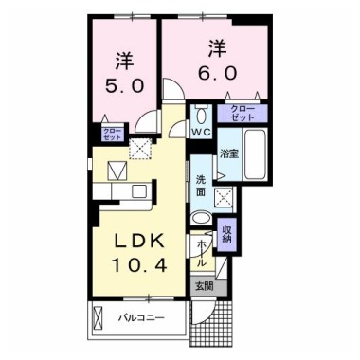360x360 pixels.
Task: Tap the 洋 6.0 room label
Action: click(217, 59)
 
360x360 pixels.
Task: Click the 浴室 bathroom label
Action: click(229, 153)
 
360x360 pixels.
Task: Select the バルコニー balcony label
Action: click(139, 316)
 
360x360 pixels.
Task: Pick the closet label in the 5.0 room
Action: click(112, 133)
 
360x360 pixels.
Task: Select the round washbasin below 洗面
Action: click(201, 218)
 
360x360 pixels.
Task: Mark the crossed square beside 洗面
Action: click(225, 197)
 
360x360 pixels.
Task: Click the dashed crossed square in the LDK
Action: click(141, 147)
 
